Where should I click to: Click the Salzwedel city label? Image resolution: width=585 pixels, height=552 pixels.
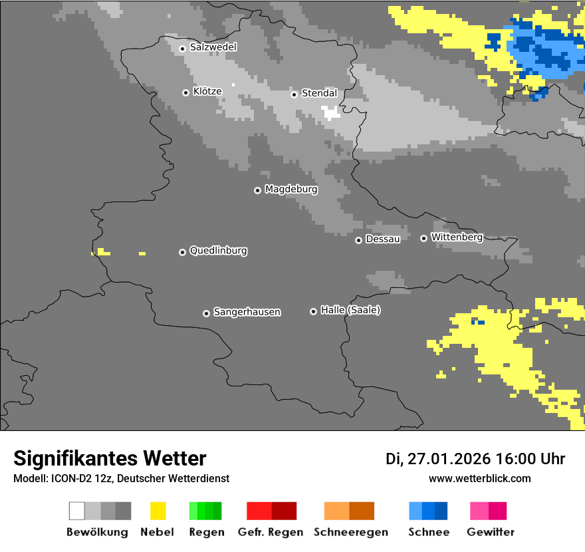[213, 47]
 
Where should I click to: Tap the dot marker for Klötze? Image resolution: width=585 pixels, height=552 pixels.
[185, 92]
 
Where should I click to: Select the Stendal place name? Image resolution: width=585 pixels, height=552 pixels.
[319, 93]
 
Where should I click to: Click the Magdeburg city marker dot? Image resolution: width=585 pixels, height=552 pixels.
[257, 190]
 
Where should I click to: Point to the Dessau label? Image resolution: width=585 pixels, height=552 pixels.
[383, 239]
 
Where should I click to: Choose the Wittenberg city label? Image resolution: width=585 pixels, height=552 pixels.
[457, 237]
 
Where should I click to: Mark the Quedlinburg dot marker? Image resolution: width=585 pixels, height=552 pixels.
[182, 252]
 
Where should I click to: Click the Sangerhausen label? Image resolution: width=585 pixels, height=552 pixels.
[247, 312]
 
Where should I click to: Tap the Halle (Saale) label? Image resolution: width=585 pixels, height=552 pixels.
[350, 310]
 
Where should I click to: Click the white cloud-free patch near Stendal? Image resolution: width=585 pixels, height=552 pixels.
[330, 112]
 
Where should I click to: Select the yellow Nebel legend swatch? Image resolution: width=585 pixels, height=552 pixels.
[158, 511]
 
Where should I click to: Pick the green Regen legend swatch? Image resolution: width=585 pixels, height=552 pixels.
[205, 511]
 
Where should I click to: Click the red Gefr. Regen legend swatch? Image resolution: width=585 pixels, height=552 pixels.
[271, 511]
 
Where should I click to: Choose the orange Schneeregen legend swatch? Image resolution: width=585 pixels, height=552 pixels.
[349, 511]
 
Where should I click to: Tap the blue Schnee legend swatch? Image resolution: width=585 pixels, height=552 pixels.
[428, 511]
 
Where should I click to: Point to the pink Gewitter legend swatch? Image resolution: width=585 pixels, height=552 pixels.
[488, 511]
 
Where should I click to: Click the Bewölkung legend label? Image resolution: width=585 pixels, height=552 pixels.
[97, 532]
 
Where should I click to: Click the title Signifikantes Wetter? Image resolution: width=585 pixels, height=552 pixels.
[110, 458]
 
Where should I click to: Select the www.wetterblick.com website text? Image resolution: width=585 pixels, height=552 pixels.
[479, 478]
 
